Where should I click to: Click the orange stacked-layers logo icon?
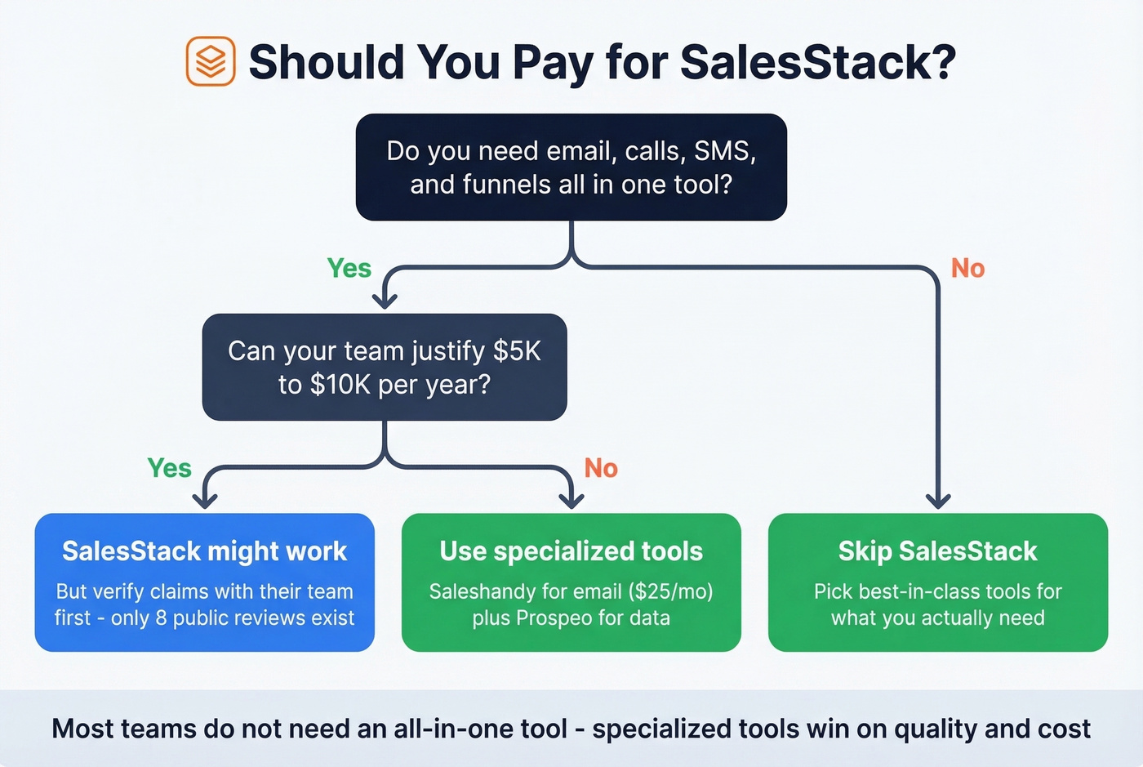[x=211, y=61]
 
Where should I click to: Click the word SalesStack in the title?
[x=817, y=62]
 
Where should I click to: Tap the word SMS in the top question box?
[x=724, y=151]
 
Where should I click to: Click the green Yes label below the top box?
[x=349, y=268]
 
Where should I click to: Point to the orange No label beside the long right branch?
[x=967, y=268]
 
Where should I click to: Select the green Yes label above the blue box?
[x=169, y=468]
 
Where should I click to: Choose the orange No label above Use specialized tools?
[x=601, y=468]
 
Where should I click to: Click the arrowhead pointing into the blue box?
[x=204, y=500]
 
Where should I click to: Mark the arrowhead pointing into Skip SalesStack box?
[x=938, y=500]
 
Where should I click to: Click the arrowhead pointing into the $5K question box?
[x=385, y=301]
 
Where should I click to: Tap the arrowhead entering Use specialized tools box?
[x=571, y=500]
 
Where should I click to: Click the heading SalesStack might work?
[x=204, y=551]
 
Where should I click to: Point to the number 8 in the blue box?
[x=161, y=618]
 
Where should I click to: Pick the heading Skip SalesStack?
[x=937, y=551]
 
